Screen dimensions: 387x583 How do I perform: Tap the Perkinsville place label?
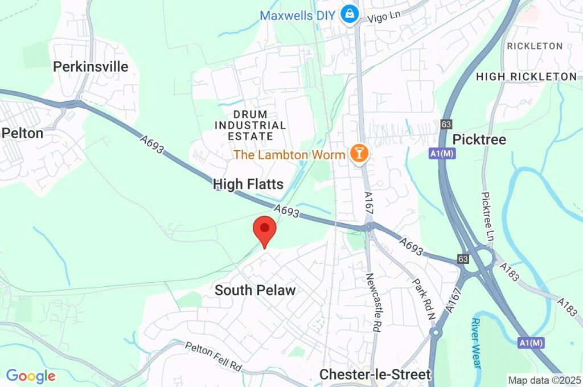[91, 67]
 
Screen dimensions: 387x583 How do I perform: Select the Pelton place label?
[22, 133]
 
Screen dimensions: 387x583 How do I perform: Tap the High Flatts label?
[248, 183]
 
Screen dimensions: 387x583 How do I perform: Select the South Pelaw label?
[255, 290]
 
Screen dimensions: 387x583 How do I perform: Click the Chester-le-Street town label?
[375, 374]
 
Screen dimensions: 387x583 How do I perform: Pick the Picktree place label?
[479, 139]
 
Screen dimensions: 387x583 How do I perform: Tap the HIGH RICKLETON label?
[526, 76]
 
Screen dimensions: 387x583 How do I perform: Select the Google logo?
[31, 376]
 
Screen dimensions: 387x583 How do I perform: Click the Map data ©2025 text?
[544, 380]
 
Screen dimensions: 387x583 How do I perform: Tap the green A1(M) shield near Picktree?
[442, 153]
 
